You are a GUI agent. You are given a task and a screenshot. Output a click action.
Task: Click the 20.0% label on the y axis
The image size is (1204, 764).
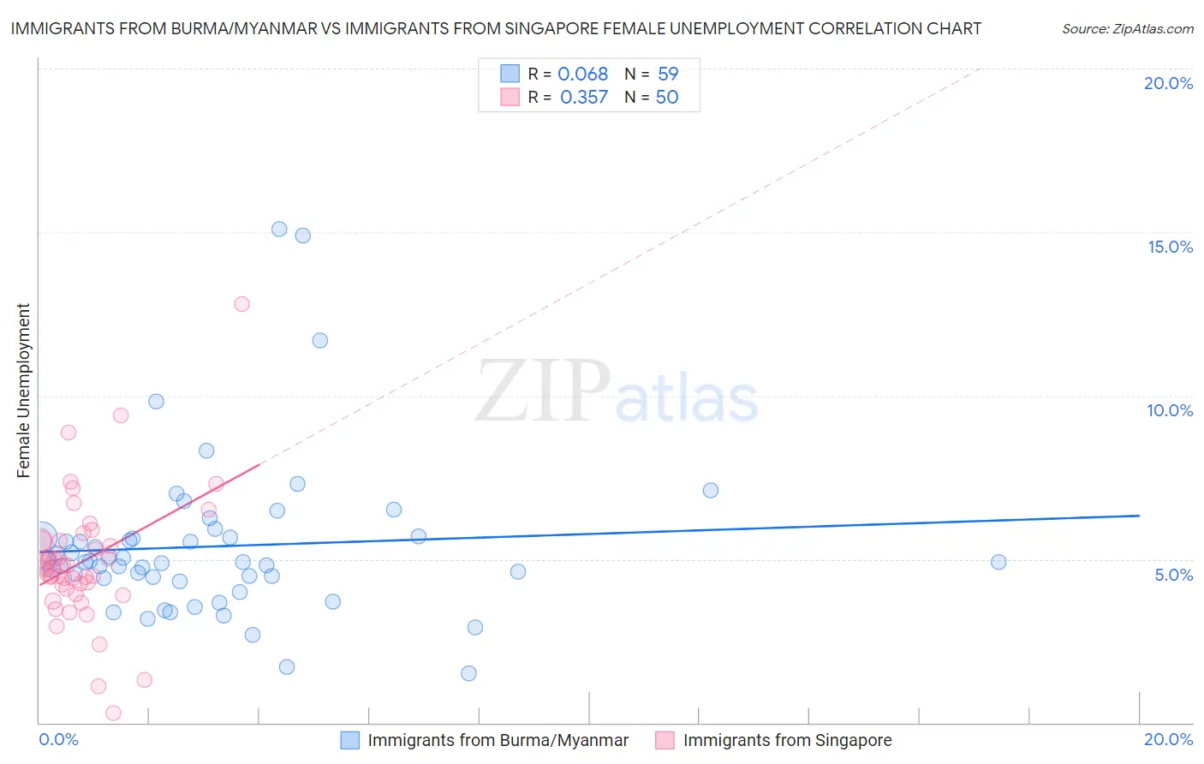click(1168, 83)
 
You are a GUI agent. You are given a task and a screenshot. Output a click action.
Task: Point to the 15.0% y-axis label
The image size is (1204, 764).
click(1170, 247)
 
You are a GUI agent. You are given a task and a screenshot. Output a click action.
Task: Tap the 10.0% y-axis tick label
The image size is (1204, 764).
click(1170, 410)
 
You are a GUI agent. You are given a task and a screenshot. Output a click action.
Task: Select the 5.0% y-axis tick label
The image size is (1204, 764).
click(1173, 575)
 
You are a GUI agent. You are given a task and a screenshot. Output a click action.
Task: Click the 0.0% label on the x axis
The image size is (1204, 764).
click(58, 739)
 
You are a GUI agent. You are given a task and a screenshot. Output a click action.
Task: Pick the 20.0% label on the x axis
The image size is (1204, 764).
click(1168, 739)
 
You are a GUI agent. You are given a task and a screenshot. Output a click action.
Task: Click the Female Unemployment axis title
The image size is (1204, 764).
click(23, 391)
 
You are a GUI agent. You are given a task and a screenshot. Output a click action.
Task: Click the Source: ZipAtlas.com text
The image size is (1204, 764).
click(1127, 29)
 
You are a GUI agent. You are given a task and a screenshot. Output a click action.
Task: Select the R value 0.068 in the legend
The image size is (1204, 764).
click(582, 75)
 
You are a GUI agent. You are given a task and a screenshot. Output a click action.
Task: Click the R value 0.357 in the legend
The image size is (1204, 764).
click(583, 98)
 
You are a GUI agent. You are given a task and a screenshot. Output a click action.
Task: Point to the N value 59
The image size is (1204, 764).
click(668, 75)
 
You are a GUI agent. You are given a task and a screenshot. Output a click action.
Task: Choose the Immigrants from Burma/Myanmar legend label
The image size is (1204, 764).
click(498, 740)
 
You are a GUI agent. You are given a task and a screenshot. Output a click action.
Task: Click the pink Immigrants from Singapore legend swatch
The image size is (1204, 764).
click(665, 740)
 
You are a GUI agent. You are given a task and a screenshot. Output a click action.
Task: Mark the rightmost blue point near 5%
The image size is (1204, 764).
click(998, 562)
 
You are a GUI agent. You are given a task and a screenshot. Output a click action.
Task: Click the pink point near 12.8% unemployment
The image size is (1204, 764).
click(241, 304)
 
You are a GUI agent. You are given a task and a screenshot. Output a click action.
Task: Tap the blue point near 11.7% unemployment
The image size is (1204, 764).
click(319, 340)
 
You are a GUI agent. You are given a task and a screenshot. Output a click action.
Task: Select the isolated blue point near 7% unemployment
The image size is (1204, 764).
click(710, 491)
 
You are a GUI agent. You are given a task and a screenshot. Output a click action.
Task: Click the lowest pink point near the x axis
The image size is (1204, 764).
click(113, 713)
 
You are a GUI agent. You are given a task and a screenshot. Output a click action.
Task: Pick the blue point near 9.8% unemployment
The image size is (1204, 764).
click(156, 402)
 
